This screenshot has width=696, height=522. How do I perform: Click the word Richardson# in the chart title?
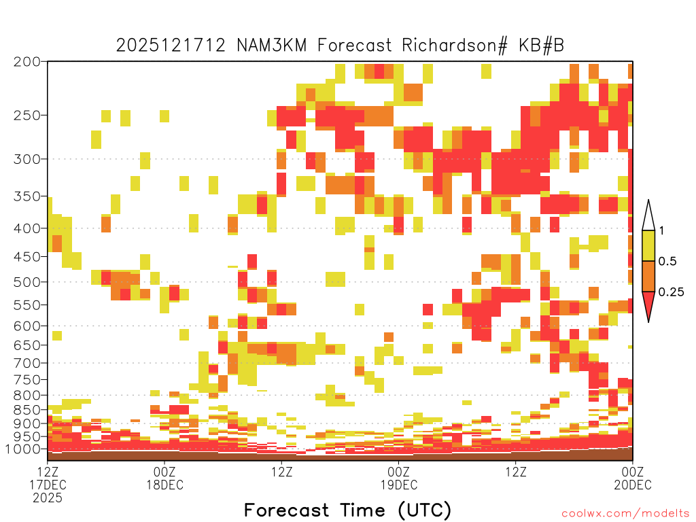454,46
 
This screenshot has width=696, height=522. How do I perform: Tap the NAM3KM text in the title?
272,46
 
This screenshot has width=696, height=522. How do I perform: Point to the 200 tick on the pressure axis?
27,62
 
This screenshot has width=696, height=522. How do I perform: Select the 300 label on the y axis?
27,159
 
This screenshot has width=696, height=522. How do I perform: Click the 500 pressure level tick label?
27,282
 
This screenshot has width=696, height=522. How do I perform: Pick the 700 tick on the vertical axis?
27,363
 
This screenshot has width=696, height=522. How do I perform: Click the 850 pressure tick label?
27,410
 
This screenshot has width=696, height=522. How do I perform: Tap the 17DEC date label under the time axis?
48,485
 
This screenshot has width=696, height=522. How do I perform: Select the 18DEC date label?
164,485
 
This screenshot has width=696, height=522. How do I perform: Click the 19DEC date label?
398,485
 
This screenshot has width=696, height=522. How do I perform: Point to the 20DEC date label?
633,485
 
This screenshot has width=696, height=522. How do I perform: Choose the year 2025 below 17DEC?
48,498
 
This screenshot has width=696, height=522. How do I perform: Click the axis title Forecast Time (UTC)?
347,510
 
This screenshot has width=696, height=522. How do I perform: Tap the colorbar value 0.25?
671,292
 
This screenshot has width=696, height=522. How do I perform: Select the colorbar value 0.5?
667,261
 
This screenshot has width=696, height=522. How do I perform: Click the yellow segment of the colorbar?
648,245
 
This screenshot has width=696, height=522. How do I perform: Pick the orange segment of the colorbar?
648,276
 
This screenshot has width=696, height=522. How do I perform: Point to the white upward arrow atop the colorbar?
648,218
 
